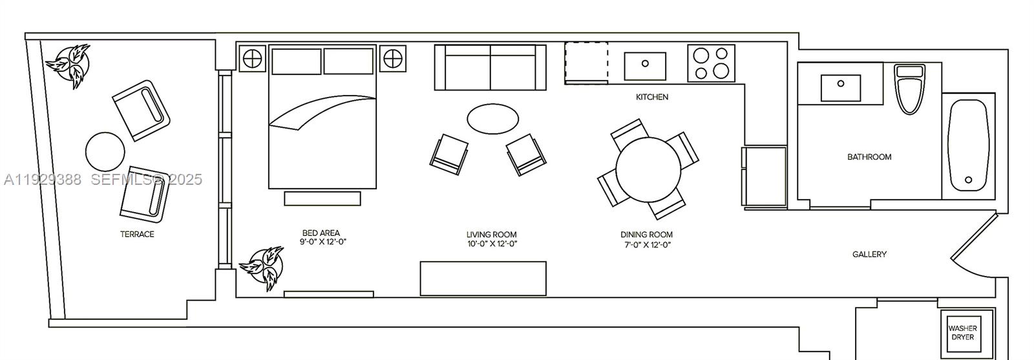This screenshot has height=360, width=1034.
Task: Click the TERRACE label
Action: (x=137, y=234)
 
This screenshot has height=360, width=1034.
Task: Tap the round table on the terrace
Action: (x=105, y=152)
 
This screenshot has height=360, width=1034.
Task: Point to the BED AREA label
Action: (x=321, y=233)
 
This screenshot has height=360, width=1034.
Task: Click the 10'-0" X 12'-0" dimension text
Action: (x=492, y=244)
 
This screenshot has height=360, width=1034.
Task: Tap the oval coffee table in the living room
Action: (x=492, y=119)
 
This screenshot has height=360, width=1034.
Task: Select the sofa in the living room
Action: (x=490, y=68)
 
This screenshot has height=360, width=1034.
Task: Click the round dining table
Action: (x=648, y=169)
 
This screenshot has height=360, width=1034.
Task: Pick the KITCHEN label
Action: (x=652, y=97)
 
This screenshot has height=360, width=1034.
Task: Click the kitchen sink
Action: (x=645, y=65)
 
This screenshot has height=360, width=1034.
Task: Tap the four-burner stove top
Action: (x=711, y=63)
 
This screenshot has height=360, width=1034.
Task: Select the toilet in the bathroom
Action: (x=910, y=89)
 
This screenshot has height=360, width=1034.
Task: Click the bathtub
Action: (x=968, y=145)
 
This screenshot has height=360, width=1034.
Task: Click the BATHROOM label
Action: (x=869, y=157)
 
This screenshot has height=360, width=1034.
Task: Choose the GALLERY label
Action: (x=869, y=255)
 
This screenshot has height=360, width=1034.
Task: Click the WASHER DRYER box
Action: (x=962, y=332)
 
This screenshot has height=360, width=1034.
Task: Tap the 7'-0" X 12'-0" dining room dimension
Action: (x=646, y=244)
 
